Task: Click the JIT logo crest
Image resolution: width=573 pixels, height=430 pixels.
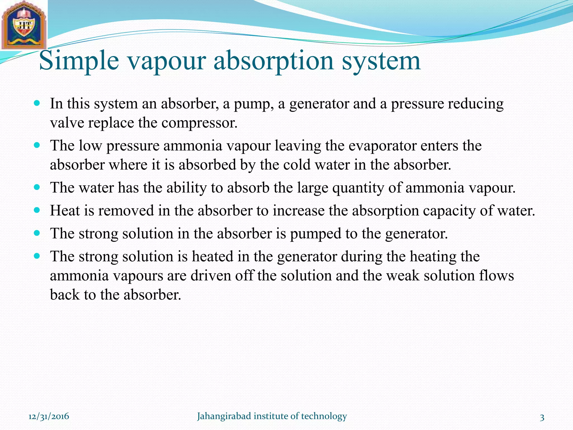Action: pyautogui.click(x=24, y=25)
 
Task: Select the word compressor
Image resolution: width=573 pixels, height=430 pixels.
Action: pyautogui.click(x=199, y=123)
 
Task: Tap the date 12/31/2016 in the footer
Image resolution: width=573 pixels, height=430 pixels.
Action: pyautogui.click(x=49, y=416)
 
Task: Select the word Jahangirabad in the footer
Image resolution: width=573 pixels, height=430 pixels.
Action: pyautogui.click(x=224, y=416)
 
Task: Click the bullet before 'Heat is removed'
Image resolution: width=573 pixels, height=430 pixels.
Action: pyautogui.click(x=37, y=210)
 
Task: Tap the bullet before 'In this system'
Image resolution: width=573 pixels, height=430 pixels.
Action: pyautogui.click(x=37, y=103)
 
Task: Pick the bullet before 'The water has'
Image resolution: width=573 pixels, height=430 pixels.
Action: pyautogui.click(x=37, y=187)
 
